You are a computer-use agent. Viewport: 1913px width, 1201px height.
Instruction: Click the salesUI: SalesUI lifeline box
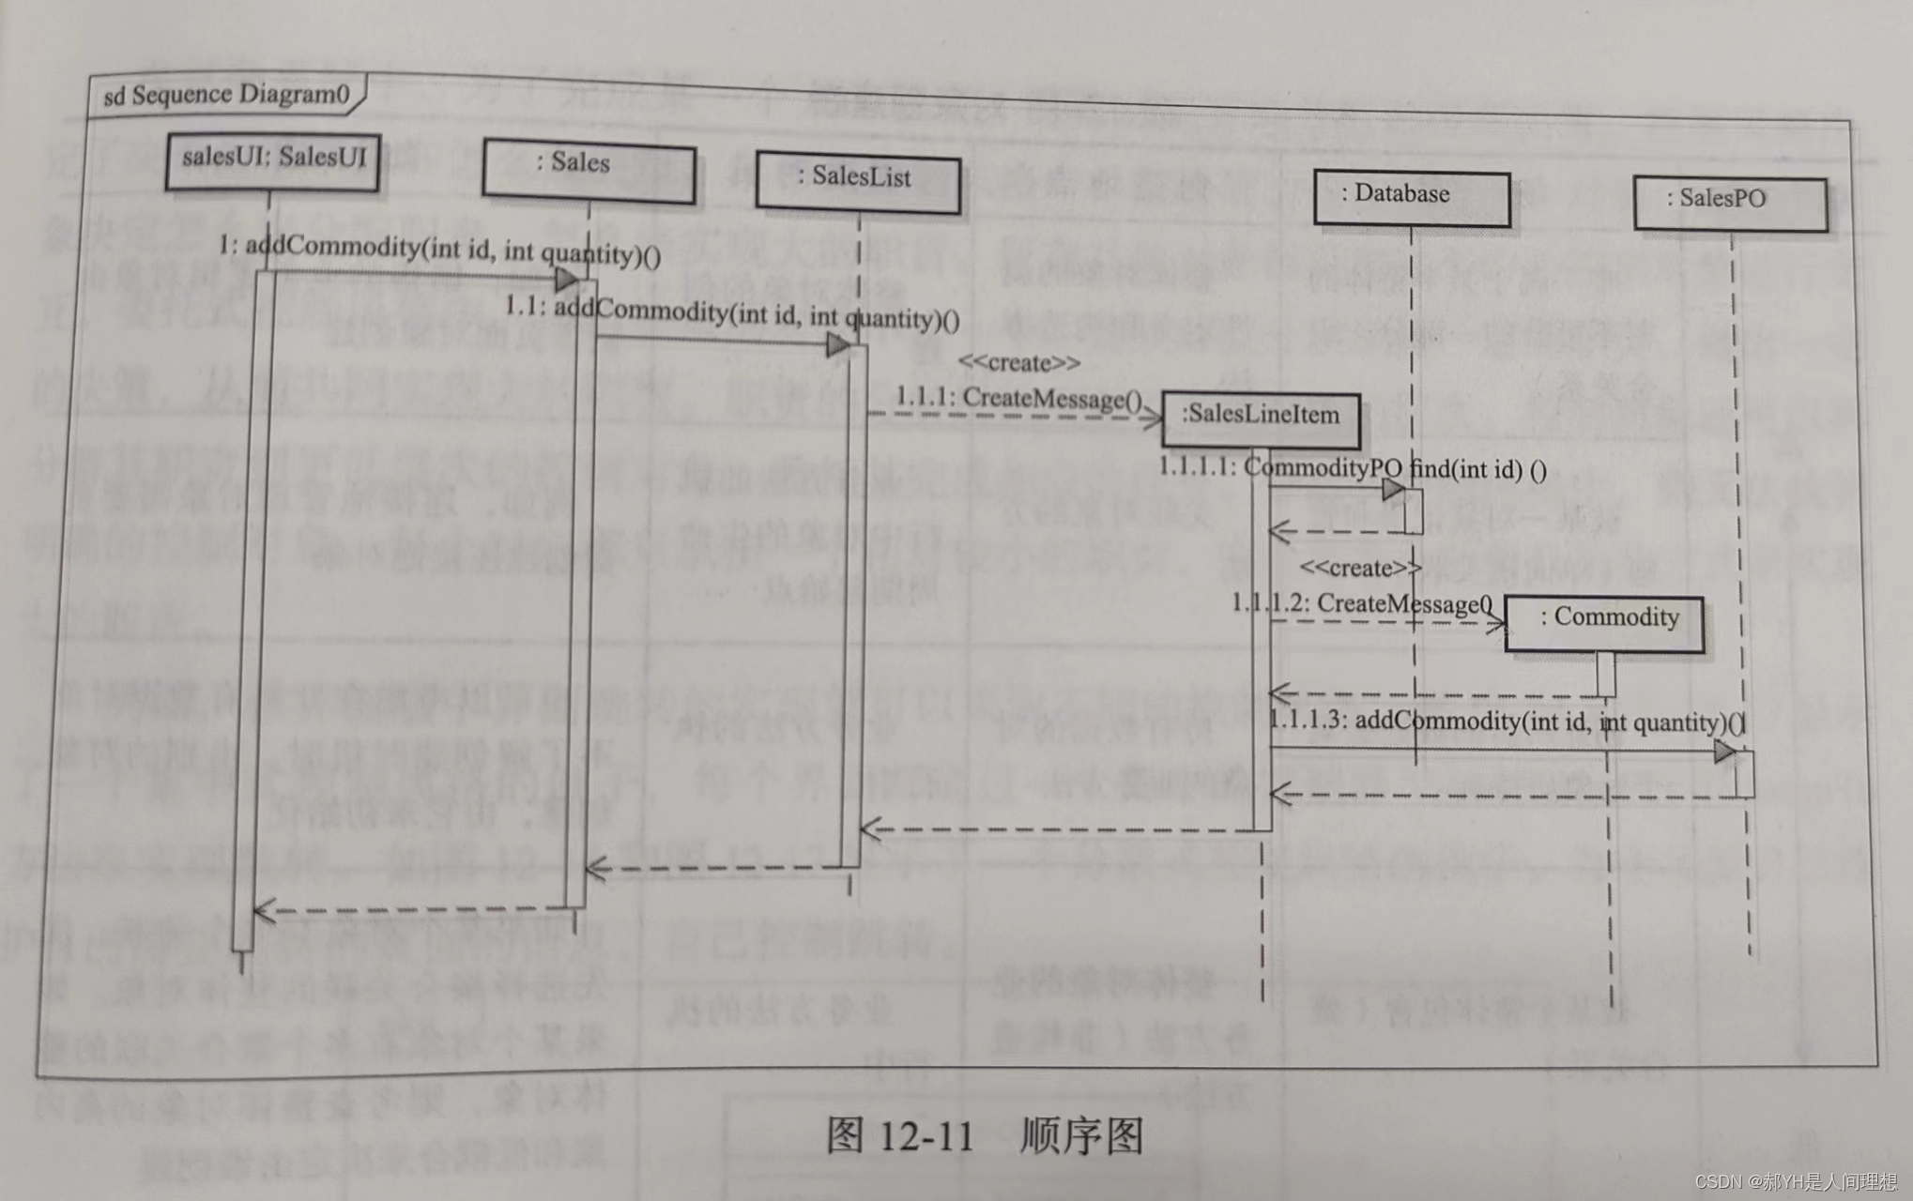272,161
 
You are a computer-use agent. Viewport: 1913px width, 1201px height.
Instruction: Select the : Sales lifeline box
589,170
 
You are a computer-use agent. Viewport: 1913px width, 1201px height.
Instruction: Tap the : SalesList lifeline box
858,182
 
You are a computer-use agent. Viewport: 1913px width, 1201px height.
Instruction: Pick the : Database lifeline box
1411,198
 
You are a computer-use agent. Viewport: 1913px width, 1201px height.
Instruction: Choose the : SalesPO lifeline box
1730,203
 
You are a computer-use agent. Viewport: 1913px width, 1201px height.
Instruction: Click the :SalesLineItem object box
1261,418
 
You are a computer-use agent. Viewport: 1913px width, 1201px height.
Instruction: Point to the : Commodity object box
1604,622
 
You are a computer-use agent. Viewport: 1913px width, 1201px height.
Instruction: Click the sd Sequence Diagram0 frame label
225,95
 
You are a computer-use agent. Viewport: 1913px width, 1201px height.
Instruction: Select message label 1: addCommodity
439,251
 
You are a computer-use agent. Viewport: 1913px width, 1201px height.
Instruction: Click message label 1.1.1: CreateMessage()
1018,398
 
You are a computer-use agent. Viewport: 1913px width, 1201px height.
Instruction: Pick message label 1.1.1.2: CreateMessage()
1361,603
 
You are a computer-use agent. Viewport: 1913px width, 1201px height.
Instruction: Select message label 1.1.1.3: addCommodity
1506,721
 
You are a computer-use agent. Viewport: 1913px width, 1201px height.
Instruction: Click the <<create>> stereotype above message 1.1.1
1018,362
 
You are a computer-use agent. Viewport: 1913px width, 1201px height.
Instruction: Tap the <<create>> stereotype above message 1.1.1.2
1360,568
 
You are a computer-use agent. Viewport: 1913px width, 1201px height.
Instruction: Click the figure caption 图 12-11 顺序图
985,1135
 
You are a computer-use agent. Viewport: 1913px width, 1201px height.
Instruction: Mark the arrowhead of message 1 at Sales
566,279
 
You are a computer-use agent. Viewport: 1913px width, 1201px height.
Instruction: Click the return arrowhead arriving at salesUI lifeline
265,910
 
